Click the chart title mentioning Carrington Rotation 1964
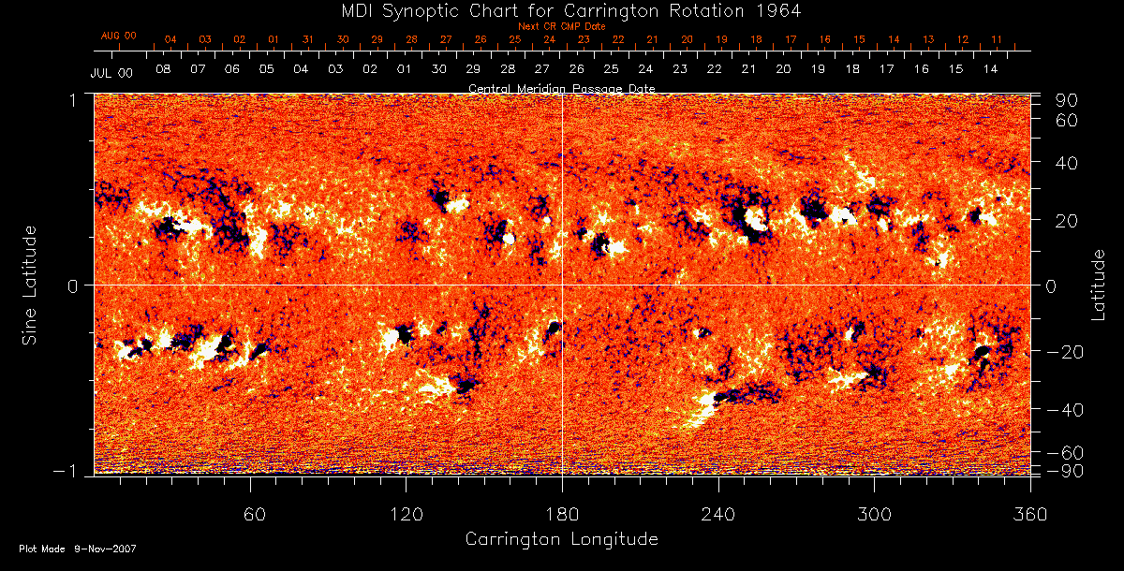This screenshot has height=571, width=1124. click(561, 10)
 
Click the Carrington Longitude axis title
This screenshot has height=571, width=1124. click(561, 539)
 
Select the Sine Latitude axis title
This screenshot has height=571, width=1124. click(31, 284)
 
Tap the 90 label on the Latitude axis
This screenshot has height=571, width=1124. click(1070, 100)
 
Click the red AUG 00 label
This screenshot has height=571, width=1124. click(119, 36)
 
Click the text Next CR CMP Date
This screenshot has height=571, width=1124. click(561, 26)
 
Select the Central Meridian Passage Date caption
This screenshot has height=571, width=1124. click(561, 88)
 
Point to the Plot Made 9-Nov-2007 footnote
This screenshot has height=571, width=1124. click(78, 549)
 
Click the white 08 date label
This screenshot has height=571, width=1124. click(163, 69)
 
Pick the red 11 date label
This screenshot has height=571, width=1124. click(997, 39)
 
